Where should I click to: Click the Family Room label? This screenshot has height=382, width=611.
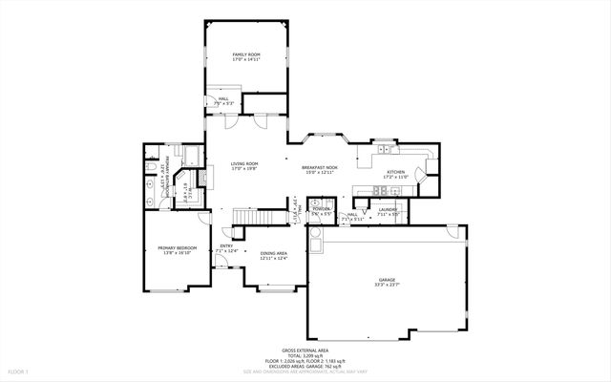click(246, 55)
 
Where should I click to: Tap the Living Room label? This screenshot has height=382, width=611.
click(245, 164)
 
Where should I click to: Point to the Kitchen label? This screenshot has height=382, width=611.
click(395, 171)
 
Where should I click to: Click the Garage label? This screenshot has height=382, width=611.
click(387, 279)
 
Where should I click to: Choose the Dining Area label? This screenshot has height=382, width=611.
click(274, 253)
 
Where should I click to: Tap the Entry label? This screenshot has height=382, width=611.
click(226, 246)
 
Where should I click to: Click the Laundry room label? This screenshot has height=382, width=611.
click(388, 208)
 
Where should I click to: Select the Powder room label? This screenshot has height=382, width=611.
click(321, 208)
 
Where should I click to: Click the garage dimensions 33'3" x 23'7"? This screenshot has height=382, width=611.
click(387, 285)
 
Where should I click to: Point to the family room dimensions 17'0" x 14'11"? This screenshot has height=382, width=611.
click(246, 61)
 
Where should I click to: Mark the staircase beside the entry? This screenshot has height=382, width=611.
click(260, 219)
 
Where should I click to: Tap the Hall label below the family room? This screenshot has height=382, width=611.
click(222, 98)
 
